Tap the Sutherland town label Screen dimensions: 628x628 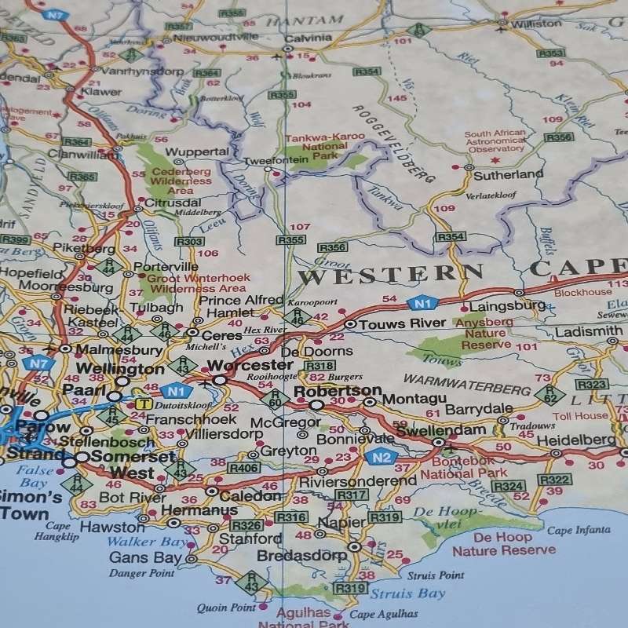coord(508,174)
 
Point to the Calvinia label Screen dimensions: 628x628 coord(308,38)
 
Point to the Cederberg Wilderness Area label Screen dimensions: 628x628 coord(181,181)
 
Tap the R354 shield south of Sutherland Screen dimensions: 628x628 coord(451,236)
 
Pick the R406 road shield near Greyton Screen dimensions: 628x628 coord(243,468)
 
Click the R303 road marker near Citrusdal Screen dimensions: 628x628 coord(188,242)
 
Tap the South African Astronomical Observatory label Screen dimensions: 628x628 coord(494,141)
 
